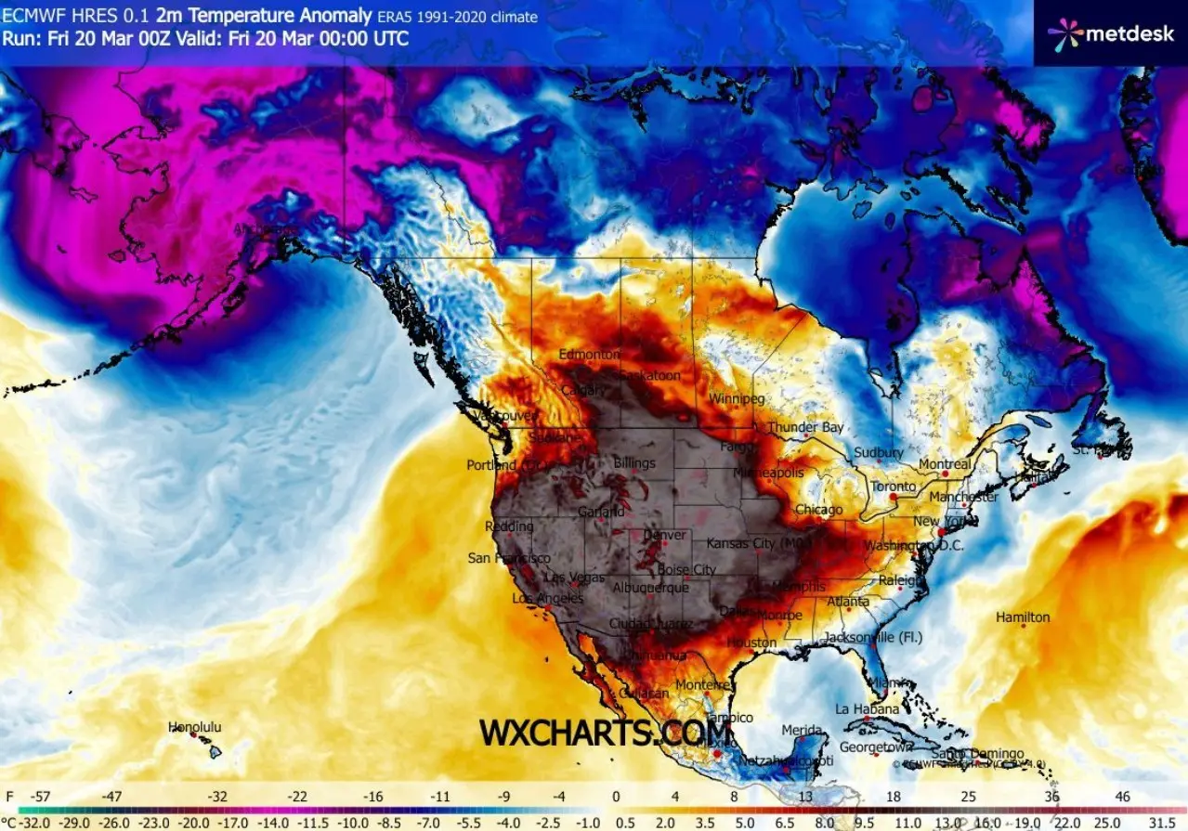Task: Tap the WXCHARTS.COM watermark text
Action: click(605, 733)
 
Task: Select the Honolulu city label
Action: click(195, 727)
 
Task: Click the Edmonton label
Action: click(589, 355)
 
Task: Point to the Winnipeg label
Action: click(737, 399)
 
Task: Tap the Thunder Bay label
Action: click(805, 427)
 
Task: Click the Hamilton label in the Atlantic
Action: click(1023, 617)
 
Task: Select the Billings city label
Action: click(634, 462)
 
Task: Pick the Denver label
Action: click(665, 535)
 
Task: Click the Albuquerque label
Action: click(651, 588)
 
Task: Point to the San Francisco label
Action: click(508, 558)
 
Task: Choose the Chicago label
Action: click(819, 510)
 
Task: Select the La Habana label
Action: click(867, 709)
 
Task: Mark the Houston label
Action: click(751, 643)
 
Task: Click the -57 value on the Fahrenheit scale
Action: click(39, 797)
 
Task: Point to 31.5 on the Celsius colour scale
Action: click(1162, 822)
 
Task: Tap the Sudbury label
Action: click(879, 452)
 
